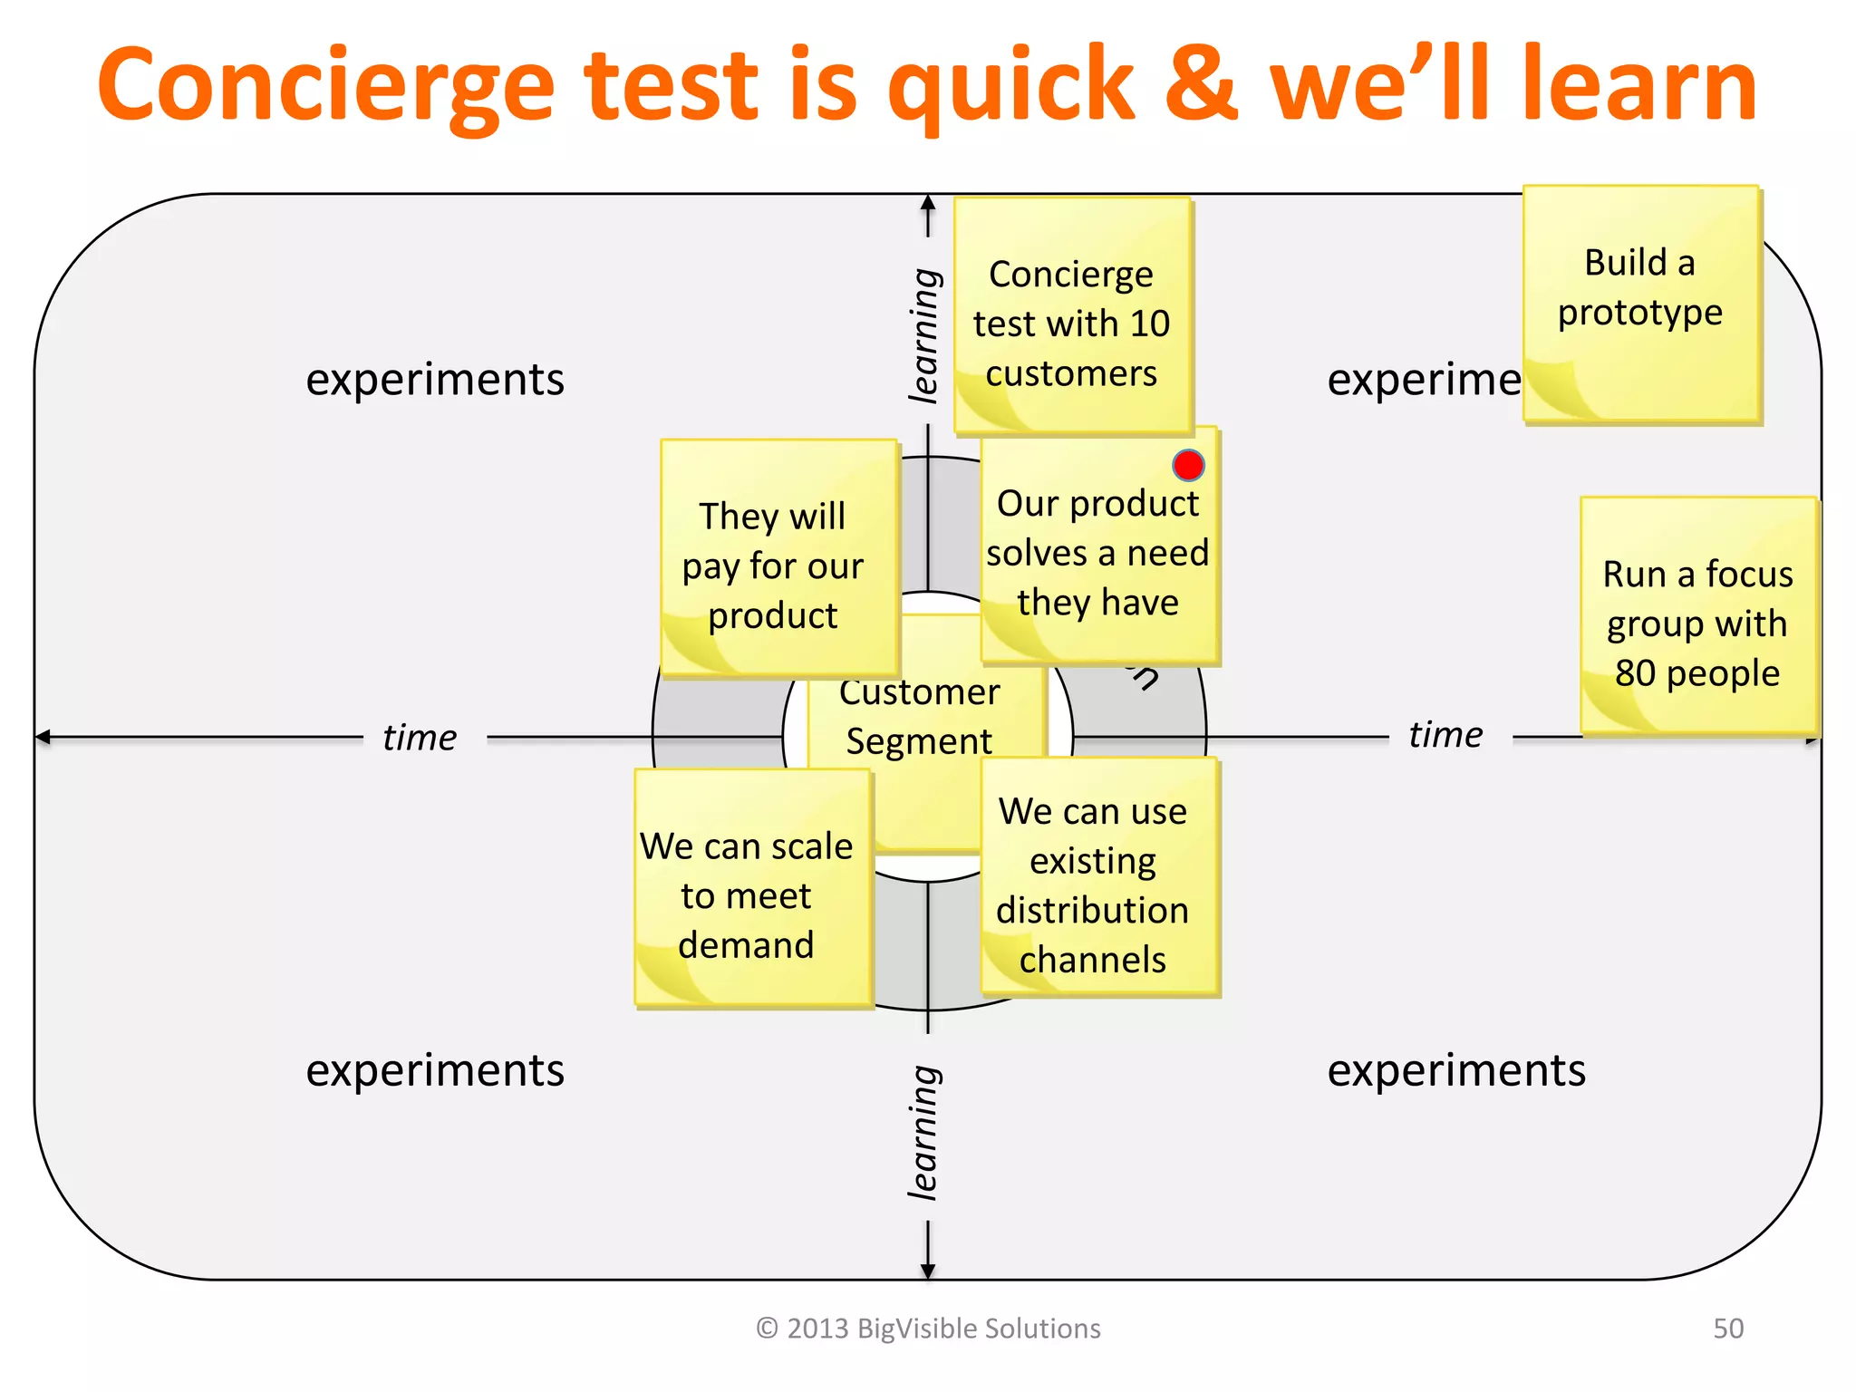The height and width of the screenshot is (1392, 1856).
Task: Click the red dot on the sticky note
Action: click(x=1187, y=465)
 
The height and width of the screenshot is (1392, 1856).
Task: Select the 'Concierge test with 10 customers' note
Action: click(x=1071, y=317)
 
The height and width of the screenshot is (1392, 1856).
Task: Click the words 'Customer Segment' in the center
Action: click(x=919, y=716)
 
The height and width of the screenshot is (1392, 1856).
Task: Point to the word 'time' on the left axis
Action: click(x=419, y=738)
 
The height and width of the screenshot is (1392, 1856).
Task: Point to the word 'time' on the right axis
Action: click(x=1445, y=735)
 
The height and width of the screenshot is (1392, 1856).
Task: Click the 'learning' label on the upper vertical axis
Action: click(x=924, y=335)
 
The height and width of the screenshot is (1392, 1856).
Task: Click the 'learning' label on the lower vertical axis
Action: click(x=924, y=1133)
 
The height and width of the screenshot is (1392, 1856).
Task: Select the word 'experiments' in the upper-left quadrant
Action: click(x=435, y=379)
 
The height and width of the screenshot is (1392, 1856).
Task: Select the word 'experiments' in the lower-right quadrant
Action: click(x=1456, y=1069)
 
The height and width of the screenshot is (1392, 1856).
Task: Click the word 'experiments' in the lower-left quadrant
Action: click(x=435, y=1069)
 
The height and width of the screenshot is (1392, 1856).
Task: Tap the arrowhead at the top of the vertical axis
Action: click(x=928, y=203)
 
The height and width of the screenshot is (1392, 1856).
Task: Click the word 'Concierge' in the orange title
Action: click(x=326, y=86)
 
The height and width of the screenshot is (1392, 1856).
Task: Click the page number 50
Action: click(x=1727, y=1329)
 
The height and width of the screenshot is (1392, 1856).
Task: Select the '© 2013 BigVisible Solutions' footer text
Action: click(x=928, y=1329)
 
